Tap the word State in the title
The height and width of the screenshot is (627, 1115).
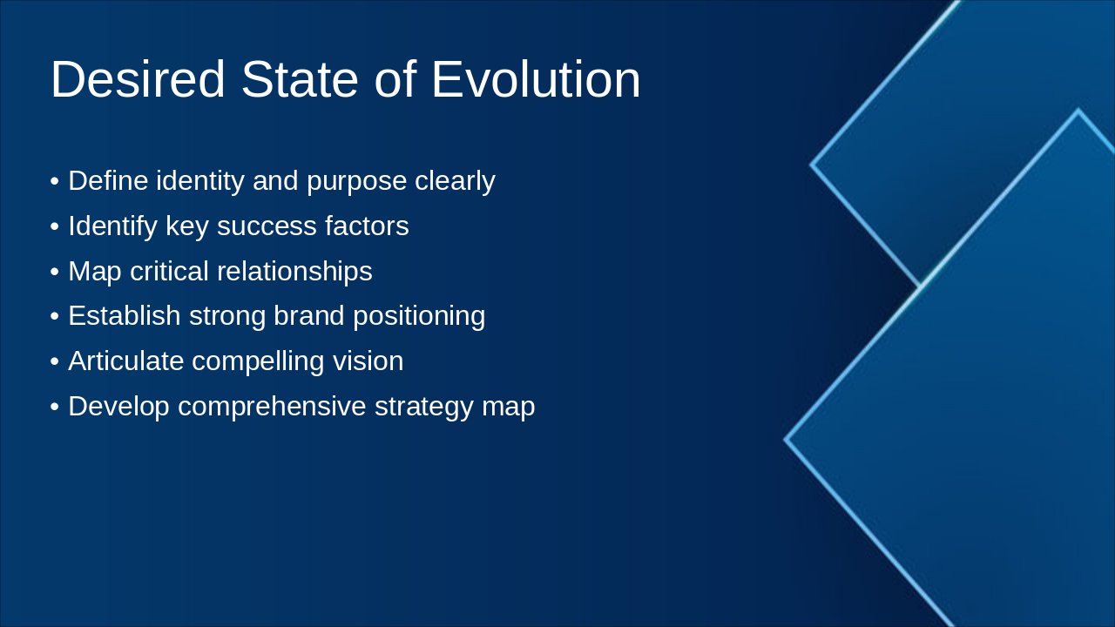tap(300, 79)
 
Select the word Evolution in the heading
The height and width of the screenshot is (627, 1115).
tap(536, 79)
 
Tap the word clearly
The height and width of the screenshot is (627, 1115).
tap(455, 181)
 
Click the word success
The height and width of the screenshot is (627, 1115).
tap(267, 226)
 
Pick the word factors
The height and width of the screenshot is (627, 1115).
tap(367, 226)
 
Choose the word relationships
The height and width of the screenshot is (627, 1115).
tap(295, 272)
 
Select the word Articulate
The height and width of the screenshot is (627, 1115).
tap(125, 361)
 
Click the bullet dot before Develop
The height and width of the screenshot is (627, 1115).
tap(55, 407)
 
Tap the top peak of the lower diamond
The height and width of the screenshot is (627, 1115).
tap(1078, 111)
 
